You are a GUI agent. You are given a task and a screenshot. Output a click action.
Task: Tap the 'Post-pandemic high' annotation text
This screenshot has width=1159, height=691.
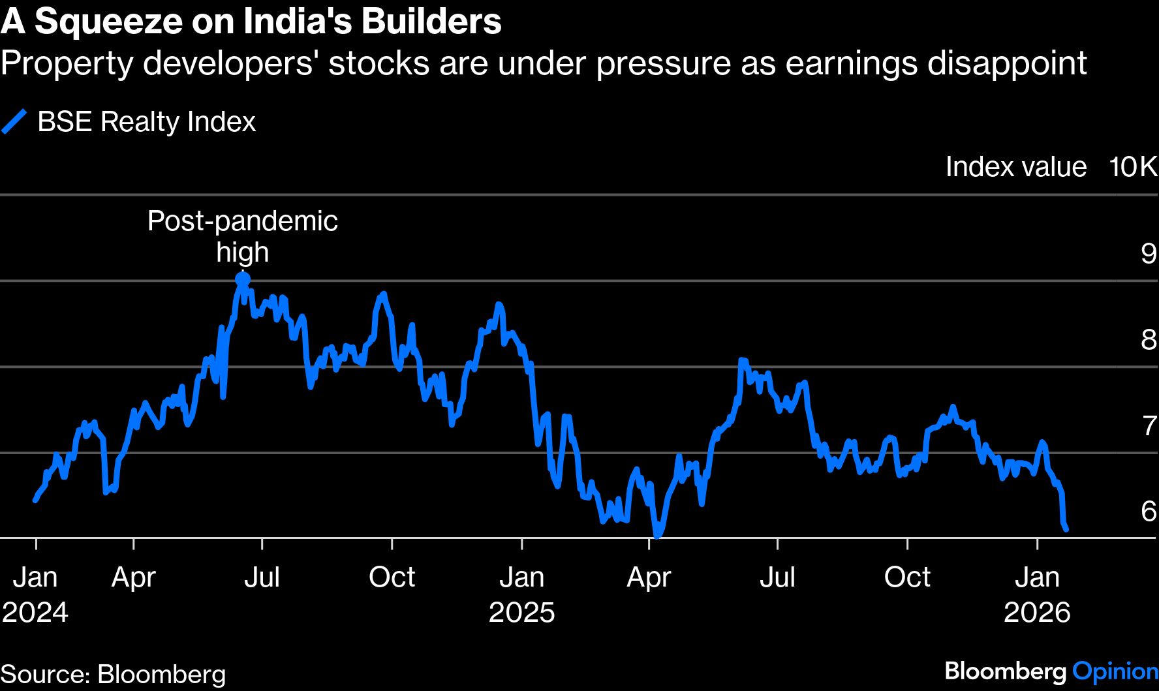pos(242,236)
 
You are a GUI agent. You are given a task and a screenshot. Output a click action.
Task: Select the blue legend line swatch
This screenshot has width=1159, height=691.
pos(14,122)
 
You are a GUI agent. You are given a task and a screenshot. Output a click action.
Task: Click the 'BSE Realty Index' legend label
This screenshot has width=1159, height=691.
pos(146,122)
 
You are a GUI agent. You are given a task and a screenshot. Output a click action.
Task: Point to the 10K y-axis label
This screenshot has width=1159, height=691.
pos(1133,167)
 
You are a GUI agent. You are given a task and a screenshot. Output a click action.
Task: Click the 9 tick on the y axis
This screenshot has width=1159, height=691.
pos(1148,253)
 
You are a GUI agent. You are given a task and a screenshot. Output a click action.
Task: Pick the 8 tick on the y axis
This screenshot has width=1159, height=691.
pos(1148,339)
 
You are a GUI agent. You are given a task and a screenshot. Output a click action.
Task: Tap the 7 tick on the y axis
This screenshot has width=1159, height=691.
pos(1149,425)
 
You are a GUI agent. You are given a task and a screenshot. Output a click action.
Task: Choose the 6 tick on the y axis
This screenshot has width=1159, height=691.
pos(1148,511)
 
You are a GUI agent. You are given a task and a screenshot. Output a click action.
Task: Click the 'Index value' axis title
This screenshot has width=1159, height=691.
pos(1015,167)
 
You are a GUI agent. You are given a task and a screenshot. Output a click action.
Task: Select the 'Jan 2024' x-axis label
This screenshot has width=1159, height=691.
pos(35,594)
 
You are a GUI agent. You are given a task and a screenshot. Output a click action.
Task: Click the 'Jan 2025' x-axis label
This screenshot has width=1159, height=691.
pos(521,594)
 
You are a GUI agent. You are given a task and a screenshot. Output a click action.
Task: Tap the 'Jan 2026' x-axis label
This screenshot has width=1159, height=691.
pos(1037,594)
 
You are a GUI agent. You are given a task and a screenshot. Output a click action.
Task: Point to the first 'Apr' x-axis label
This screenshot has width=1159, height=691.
pos(133,577)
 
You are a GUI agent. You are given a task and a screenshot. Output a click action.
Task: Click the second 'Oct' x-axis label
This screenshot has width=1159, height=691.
pos(906,577)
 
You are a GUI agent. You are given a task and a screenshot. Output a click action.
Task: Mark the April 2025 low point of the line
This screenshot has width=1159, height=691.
pos(657,535)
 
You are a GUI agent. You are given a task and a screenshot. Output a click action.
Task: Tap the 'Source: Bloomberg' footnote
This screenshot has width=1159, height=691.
pos(113,674)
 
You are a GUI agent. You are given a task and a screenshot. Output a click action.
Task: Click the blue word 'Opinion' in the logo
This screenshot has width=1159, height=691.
pos(1115,671)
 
